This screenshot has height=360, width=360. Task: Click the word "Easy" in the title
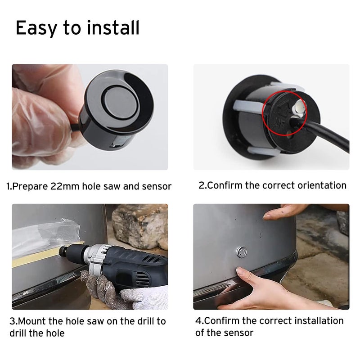click(x=36, y=28)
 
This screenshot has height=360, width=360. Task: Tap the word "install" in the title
click(x=113, y=27)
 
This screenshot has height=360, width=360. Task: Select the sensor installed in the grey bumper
click(x=242, y=252)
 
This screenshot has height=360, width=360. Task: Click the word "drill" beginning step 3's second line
click(x=18, y=333)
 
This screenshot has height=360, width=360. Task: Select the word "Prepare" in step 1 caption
click(x=30, y=186)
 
